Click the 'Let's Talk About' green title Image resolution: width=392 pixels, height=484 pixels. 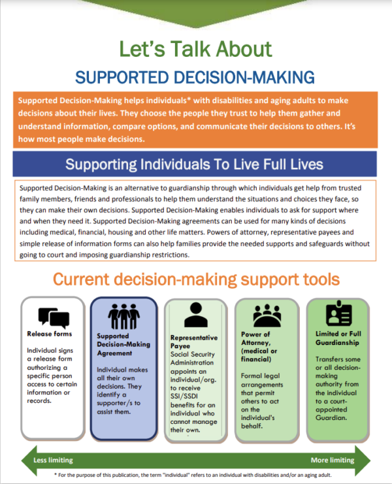[x=195, y=49]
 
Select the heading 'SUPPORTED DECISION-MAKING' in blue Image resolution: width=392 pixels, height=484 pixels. [x=195, y=77]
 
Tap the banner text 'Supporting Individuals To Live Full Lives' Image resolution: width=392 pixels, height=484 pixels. [x=194, y=164]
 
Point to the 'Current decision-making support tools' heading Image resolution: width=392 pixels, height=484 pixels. [x=196, y=280]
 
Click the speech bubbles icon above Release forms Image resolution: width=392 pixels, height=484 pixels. [x=54, y=318]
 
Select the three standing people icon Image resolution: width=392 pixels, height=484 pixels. [x=123, y=316]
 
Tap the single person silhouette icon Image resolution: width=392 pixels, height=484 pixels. [x=196, y=315]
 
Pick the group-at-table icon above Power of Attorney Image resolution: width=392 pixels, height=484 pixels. [x=267, y=315]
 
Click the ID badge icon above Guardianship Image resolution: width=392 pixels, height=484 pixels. [x=339, y=314]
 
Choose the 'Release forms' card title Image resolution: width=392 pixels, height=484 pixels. [x=50, y=334]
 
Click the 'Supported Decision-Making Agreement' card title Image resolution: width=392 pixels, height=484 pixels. [x=123, y=344]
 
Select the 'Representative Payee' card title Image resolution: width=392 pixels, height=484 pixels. [x=194, y=342]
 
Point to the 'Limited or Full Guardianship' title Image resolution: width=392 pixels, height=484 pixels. [x=338, y=338]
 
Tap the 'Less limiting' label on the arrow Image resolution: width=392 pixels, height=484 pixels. [x=53, y=460]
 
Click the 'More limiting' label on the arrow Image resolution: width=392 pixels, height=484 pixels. [x=333, y=460]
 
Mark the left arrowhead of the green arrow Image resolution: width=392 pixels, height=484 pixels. [x=29, y=460]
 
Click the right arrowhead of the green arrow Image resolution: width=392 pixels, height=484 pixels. [x=363, y=460]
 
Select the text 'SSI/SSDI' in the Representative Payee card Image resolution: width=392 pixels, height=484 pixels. [x=184, y=396]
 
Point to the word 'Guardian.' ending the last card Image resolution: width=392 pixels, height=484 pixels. [x=331, y=417]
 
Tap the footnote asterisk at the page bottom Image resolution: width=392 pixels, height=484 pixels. [x=56, y=474]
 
